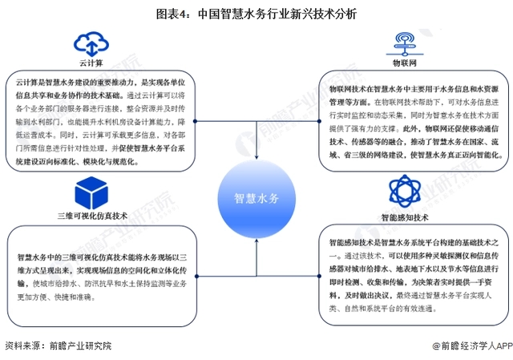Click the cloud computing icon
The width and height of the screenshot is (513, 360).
91,44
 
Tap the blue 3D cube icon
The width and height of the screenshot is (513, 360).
91,192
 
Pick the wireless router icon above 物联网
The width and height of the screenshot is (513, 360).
405,44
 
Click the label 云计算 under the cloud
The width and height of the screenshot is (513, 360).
91,63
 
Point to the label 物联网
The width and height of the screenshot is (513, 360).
405,63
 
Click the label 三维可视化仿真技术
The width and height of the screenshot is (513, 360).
92,216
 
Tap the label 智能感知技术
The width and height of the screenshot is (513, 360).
405,217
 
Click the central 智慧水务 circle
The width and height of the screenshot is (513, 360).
256,199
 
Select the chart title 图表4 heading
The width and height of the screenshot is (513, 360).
256,14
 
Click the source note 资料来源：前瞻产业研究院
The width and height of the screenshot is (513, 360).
59,346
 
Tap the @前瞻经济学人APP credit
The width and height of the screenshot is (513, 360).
472,346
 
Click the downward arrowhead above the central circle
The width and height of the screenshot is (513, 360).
256,157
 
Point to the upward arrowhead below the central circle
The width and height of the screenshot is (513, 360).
256,241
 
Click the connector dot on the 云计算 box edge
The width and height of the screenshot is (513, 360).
195,121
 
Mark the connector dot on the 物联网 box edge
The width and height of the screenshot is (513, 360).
319,121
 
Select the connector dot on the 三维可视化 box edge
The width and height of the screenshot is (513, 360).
196,277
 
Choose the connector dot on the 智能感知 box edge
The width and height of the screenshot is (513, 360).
319,277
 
